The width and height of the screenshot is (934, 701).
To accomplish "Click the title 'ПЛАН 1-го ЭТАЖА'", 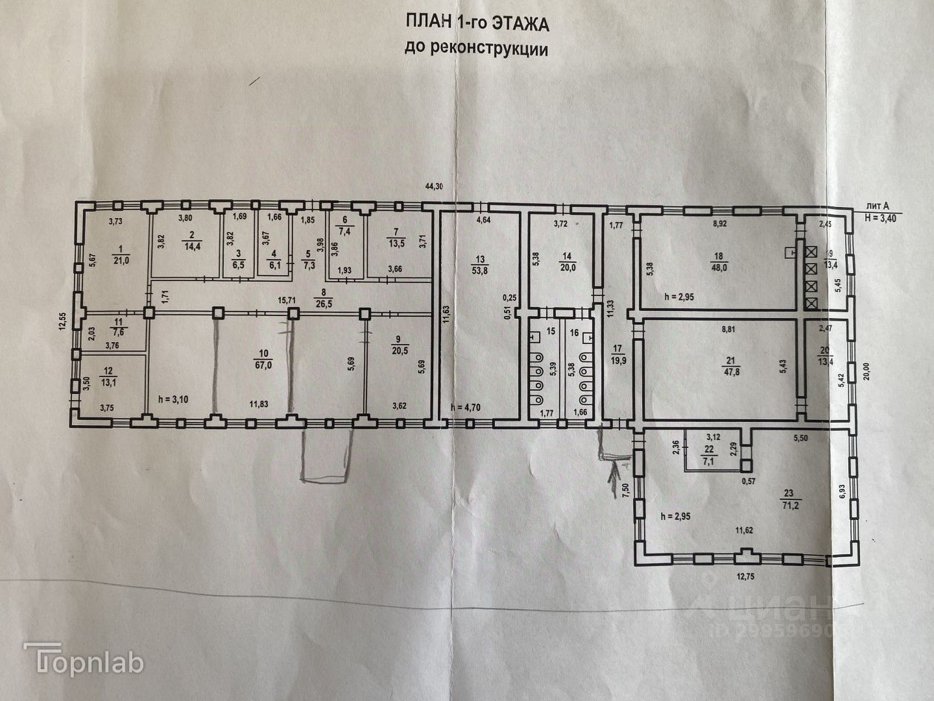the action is pyautogui.click(x=477, y=24).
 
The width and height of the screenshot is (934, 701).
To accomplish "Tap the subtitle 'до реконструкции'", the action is pyautogui.click(x=476, y=49).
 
